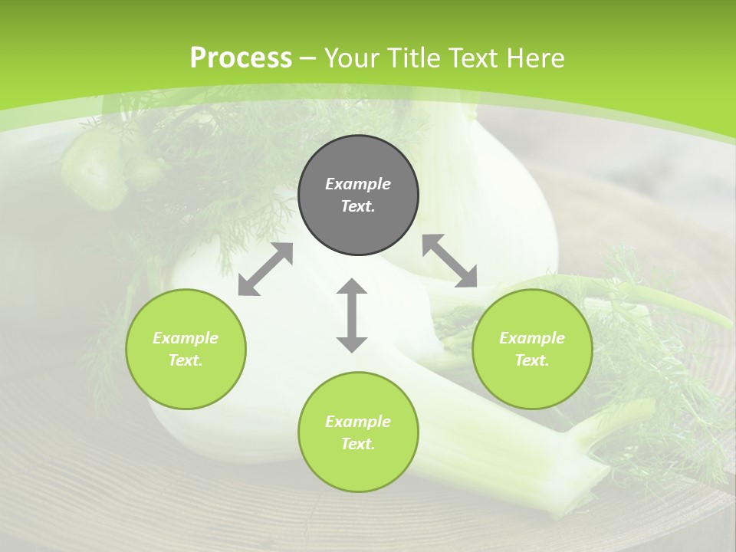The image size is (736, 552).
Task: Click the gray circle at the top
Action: pyautogui.click(x=358, y=195)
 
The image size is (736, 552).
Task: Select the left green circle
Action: pyautogui.click(x=186, y=349)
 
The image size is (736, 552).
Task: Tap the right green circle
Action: pyautogui.click(x=531, y=349)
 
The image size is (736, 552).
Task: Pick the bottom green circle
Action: pyautogui.click(x=358, y=432)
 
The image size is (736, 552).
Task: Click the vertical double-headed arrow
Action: pyautogui.click(x=352, y=315)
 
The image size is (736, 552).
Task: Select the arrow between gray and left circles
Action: pyautogui.click(x=265, y=269)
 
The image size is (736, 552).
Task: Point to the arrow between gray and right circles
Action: pyautogui.click(x=450, y=261)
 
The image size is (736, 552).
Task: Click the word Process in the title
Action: pyautogui.click(x=241, y=58)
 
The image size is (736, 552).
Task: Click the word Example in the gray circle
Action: pyautogui.click(x=358, y=184)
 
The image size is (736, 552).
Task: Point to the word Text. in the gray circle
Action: pyautogui.click(x=358, y=207)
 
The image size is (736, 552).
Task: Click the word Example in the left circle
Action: pyautogui.click(x=186, y=338)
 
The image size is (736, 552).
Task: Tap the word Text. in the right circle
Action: pyautogui.click(x=531, y=360)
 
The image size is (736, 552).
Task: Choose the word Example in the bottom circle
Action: pyautogui.click(x=358, y=422)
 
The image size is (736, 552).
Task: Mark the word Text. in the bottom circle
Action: pyautogui.click(x=358, y=444)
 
